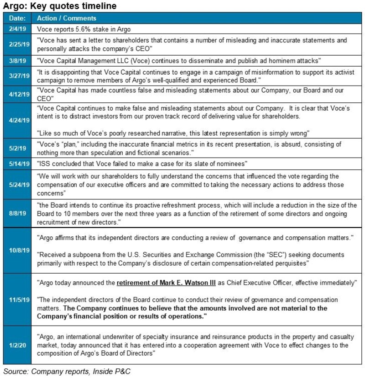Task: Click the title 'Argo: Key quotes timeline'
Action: [x=60, y=6]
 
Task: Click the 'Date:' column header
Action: [x=16, y=18]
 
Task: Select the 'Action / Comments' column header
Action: [x=66, y=18]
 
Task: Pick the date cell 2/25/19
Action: [x=16, y=44]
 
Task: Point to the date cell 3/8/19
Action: [x=16, y=61]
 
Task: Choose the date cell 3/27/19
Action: [x=16, y=76]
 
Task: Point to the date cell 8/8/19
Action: [x=16, y=212]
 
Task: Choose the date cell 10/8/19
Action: [x=16, y=250]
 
